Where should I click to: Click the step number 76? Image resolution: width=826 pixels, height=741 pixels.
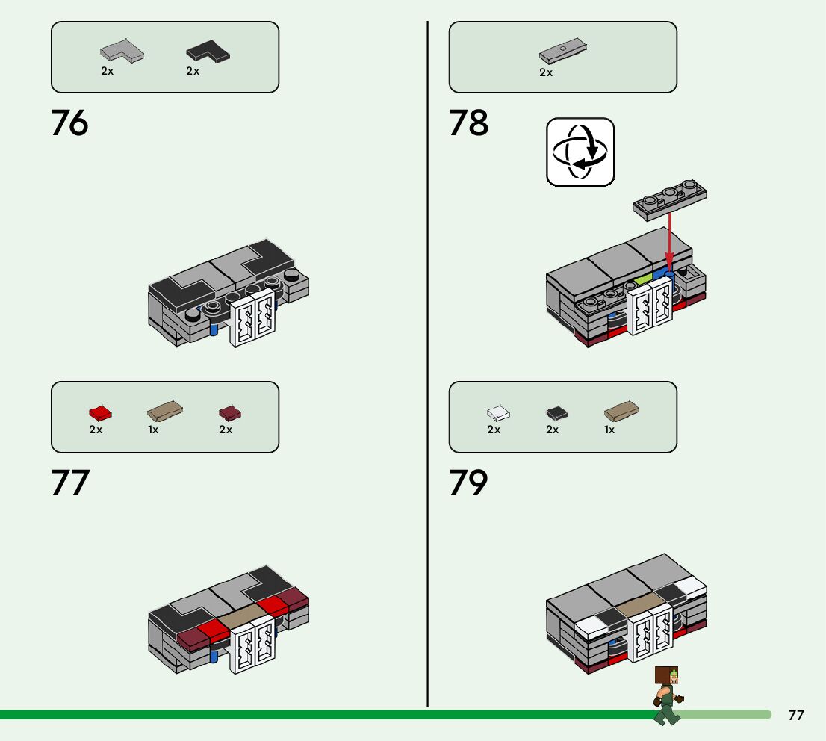click(x=69, y=123)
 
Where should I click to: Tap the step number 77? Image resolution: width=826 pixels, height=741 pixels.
click(x=69, y=483)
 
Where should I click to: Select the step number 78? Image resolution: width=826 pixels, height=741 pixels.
click(x=468, y=123)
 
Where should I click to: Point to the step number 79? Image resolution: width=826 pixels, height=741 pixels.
click(x=468, y=483)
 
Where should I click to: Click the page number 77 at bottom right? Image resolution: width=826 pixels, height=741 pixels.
click(x=796, y=715)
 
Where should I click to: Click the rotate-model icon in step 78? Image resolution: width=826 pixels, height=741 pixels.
click(x=580, y=152)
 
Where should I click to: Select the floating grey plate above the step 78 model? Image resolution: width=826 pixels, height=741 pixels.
click(x=670, y=199)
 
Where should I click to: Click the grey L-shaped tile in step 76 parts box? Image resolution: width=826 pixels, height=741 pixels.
click(x=122, y=52)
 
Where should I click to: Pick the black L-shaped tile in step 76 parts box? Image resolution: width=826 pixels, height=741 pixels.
click(x=208, y=52)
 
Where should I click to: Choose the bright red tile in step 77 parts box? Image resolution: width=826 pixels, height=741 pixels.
click(x=99, y=412)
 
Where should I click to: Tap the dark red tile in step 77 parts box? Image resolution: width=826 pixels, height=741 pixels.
click(x=230, y=412)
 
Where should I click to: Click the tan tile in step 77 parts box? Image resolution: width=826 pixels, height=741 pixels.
click(x=165, y=411)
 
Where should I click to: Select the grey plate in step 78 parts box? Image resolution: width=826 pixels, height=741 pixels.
click(x=563, y=51)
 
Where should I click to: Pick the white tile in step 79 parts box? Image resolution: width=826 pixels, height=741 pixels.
click(x=498, y=412)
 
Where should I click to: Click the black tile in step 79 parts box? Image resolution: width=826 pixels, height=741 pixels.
click(x=556, y=412)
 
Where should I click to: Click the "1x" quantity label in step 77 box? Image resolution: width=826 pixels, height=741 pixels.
click(x=153, y=430)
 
